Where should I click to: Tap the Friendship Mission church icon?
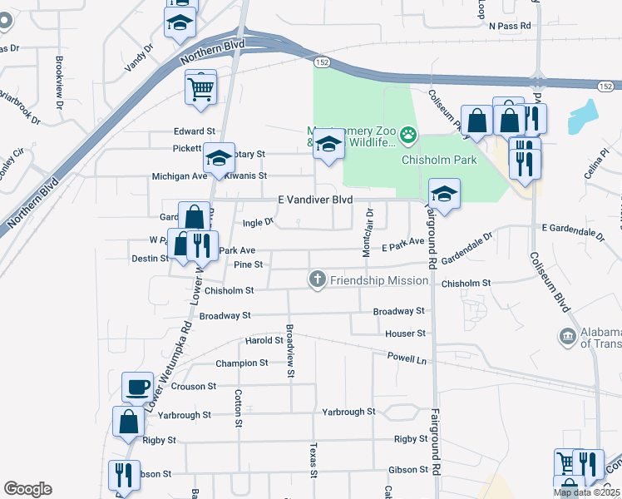click(316, 279)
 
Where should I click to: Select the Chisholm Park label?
click(439, 160)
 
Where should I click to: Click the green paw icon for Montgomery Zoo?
click(408, 133)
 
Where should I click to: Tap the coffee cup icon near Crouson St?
click(137, 387)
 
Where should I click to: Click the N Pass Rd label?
click(510, 26)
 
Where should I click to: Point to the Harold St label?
click(264, 340)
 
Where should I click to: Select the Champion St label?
click(242, 363)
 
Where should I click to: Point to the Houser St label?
click(406, 333)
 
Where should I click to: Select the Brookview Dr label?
click(59, 82)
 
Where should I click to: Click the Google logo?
click(28, 489)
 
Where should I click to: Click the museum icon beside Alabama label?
click(567, 336)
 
